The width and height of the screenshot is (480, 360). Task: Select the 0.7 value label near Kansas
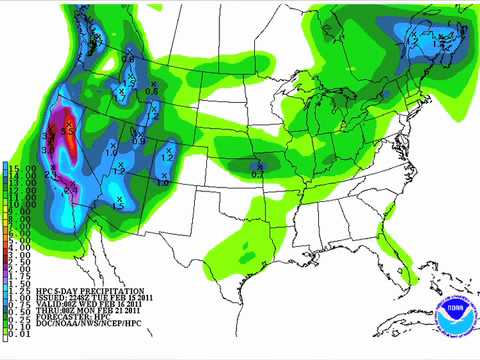point(256,175)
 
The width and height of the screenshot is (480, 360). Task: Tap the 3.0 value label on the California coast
point(50,135)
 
